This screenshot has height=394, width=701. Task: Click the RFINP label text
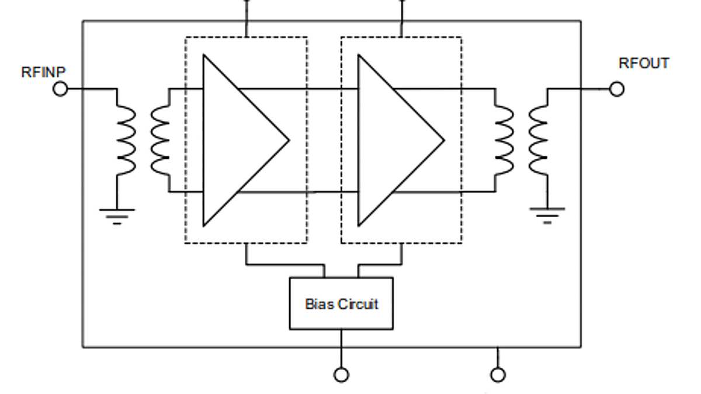click(43, 72)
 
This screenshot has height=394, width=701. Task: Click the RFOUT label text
click(644, 64)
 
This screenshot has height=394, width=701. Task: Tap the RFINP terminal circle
click(60, 89)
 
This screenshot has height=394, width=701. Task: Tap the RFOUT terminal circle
click(616, 89)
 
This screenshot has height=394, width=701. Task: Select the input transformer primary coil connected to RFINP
click(125, 140)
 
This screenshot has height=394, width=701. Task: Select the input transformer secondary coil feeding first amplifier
click(160, 140)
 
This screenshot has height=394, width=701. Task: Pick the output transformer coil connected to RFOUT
click(539, 140)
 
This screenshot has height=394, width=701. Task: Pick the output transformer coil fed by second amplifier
click(505, 140)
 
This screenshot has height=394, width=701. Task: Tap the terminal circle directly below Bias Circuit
click(341, 375)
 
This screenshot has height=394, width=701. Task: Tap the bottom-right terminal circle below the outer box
click(498, 375)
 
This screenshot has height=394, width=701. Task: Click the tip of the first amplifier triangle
click(288, 140)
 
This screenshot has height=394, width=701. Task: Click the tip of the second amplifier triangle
click(443, 140)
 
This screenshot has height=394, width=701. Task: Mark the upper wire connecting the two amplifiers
click(298, 89)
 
